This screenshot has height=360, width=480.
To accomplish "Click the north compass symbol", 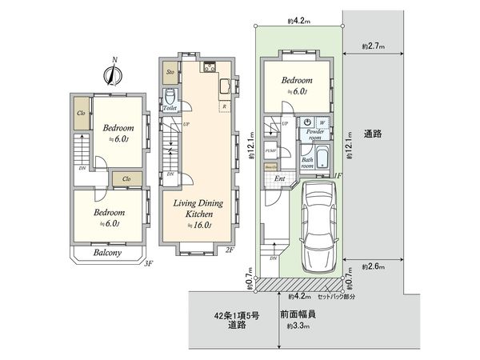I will [113, 74].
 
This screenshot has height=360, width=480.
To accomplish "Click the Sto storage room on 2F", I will [170, 73].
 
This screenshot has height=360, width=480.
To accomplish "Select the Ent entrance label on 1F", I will [279, 179].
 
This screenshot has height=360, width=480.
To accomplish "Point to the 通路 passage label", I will [372, 133].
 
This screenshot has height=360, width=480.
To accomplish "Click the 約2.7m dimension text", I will [373, 47].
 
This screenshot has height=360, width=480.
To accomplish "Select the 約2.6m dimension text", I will [373, 266].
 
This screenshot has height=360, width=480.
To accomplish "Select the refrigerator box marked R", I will [224, 106].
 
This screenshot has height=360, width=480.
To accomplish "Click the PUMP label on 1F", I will [270, 150].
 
